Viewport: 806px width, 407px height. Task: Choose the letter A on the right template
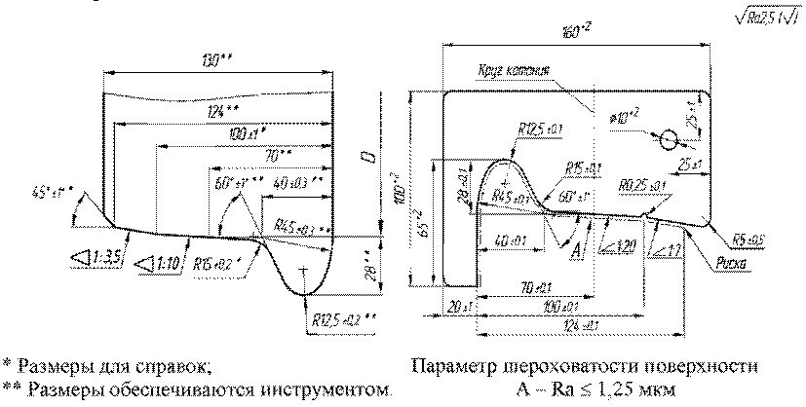[578, 251]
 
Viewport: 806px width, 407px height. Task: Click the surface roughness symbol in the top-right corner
[769, 17]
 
